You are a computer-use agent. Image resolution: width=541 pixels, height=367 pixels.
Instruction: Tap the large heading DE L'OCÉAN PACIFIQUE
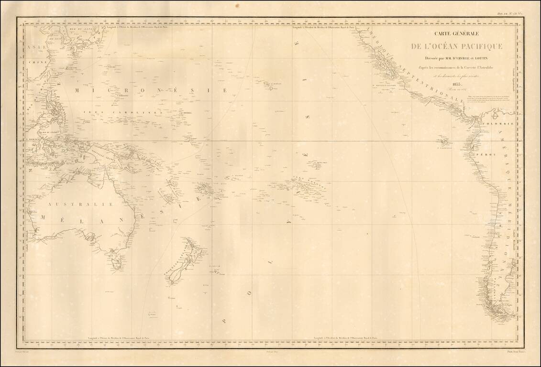pyautogui.click(x=457, y=46)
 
